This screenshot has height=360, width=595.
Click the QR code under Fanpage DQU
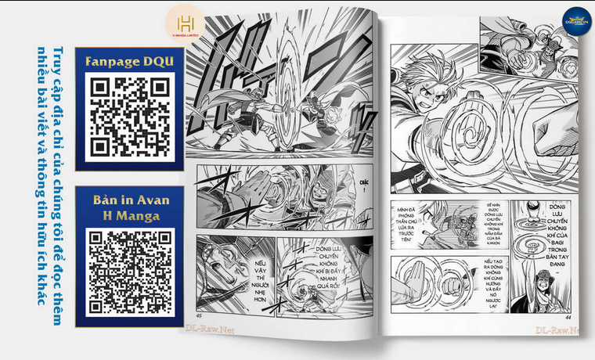coord(129,116)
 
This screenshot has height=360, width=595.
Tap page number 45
coord(199,315)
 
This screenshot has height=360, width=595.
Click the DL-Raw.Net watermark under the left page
coord(209,329)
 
